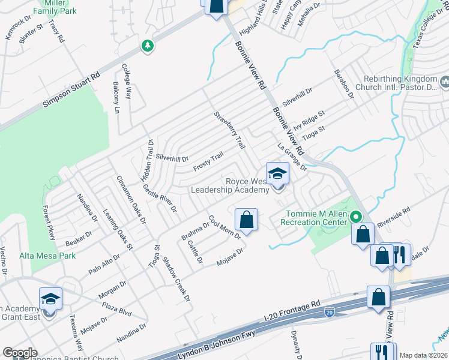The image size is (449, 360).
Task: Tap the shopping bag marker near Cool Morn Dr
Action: click(246, 220)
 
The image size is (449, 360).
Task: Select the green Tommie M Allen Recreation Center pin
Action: click(356, 217)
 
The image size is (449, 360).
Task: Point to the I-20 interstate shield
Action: click(328, 312)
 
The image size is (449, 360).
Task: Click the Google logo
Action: click(20, 353)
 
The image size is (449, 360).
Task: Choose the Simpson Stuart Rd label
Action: click(71, 91)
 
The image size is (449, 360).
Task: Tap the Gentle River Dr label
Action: click(160, 199)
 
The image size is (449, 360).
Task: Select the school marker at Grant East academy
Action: click(51, 299)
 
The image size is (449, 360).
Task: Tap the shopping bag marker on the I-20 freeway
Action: click(378, 297)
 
